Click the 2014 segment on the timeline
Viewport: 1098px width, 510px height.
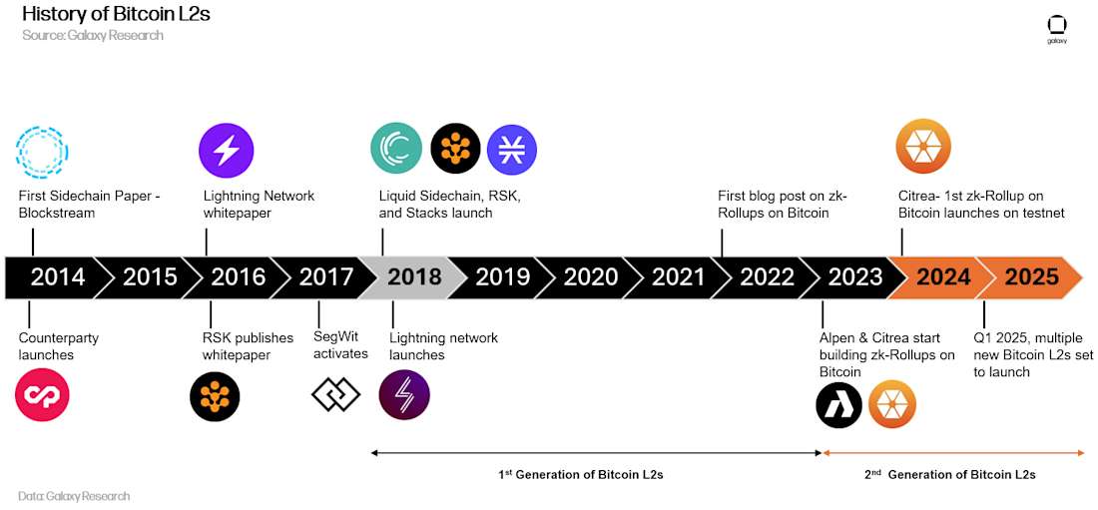tap(53, 277)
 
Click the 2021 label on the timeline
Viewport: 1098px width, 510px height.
tap(678, 277)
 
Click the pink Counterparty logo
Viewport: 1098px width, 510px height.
tap(42, 395)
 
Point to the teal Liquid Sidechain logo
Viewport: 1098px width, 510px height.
tap(396, 150)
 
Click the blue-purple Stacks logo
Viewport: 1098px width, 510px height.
tap(512, 150)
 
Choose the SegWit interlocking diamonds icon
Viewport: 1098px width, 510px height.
tap(335, 395)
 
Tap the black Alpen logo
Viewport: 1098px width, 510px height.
tap(838, 405)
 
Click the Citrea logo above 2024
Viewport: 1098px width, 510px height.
tap(923, 146)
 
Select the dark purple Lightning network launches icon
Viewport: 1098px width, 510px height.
tap(404, 395)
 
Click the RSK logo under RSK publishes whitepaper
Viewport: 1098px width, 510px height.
tap(215, 397)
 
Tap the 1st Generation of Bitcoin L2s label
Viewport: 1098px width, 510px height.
tap(581, 474)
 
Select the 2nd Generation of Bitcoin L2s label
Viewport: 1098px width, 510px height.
tap(949, 474)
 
